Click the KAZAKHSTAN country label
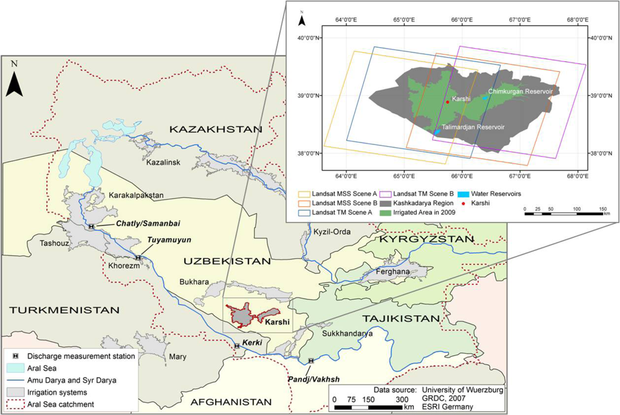pyautogui.click(x=214, y=129)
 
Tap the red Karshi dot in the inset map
pyautogui.click(x=448, y=102)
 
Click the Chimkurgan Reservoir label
pyautogui.click(x=520, y=91)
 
